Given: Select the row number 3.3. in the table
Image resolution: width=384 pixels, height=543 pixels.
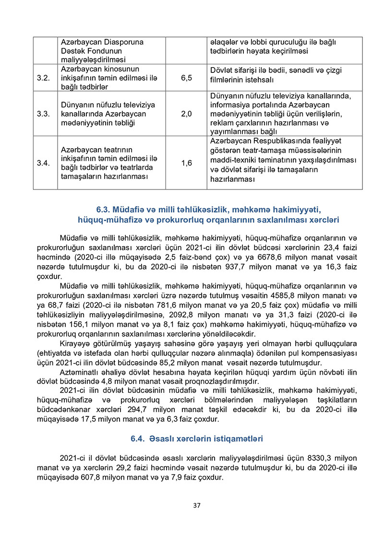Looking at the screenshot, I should coord(44,114).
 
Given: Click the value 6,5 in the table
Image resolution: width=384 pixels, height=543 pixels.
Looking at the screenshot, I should coord(187,78).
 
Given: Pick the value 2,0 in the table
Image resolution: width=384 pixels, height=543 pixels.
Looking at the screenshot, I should coord(187,114).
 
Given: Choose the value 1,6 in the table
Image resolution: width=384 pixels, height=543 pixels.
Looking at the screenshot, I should coord(187,163).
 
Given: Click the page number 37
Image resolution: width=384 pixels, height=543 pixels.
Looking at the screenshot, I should coord(196,505).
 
